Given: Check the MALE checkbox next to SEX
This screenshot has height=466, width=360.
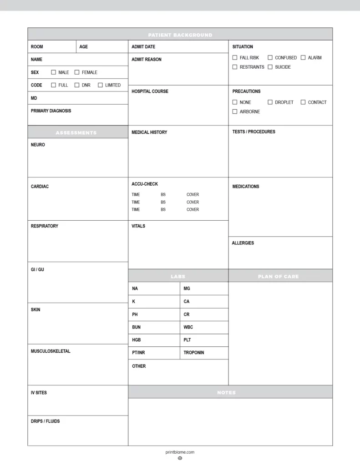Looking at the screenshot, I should pos(54,72).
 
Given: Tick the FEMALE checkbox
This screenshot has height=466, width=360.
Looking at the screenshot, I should pos(77,72).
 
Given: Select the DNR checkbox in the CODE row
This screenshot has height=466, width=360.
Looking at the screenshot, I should pos(77,85).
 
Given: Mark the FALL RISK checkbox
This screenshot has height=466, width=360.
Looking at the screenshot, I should pos(235,58).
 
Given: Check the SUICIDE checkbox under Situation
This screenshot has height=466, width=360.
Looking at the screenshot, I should pos(270,67).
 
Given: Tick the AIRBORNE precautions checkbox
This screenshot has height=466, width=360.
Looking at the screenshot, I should pos(235,111).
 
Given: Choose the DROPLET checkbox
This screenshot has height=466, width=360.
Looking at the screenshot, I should pos(270,102).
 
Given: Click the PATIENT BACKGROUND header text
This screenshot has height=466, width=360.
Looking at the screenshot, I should pos(180,35).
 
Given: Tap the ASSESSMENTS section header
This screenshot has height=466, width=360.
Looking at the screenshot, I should pos(76,133).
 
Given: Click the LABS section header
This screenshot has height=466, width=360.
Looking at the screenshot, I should pos(178,276).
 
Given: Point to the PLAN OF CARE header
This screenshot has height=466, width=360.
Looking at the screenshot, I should pos(278,276).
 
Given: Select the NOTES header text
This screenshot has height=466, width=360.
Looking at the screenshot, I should pos(226,392).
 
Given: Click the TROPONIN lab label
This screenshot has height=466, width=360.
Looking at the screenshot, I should pos(194,353).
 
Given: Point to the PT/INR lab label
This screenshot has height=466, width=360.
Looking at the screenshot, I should pos(138,353).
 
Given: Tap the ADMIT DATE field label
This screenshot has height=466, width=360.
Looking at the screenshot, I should pos(143,47).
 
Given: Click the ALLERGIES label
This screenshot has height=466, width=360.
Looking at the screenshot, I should pos(243,243).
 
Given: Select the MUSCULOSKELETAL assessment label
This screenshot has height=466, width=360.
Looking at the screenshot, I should pos(51,351).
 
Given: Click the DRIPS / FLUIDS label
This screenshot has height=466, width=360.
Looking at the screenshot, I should pos(45,421).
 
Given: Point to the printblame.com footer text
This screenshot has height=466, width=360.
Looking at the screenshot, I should pos(180,452).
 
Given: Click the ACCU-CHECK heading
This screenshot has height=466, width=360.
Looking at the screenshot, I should pos(145,184).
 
